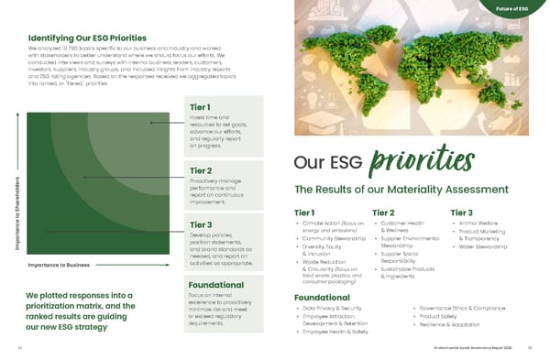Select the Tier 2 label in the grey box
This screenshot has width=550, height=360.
click(x=201, y=169)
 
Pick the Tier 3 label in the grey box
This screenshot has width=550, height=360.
click(x=201, y=225)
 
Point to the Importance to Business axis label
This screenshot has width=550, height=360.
click(x=58, y=266)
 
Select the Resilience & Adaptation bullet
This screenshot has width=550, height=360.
click(x=450, y=326)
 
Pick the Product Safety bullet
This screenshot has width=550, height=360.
click(x=443, y=318)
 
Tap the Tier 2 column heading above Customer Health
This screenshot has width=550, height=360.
click(x=384, y=213)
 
